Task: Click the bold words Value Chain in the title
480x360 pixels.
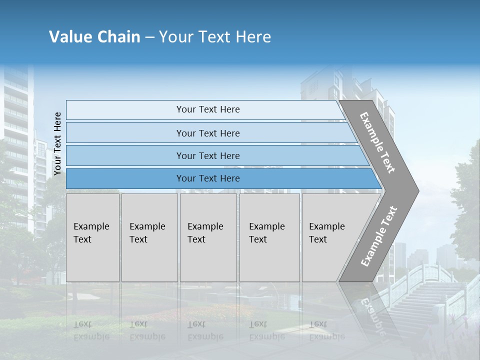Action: [x=94, y=37]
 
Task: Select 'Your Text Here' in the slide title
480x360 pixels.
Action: [x=215, y=37]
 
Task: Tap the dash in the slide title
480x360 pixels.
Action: [x=149, y=37]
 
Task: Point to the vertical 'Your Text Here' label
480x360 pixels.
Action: [x=57, y=144]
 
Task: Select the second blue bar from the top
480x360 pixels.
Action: [x=207, y=133]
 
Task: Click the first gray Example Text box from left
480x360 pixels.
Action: [x=92, y=237]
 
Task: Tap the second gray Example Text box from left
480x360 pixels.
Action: [x=149, y=237]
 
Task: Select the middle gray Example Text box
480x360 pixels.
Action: [x=208, y=237]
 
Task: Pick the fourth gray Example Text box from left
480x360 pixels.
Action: [x=269, y=237]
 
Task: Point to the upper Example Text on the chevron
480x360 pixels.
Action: [x=378, y=142]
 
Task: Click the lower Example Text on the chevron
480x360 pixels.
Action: [x=379, y=236]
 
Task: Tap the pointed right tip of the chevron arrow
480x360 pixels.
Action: [x=416, y=191]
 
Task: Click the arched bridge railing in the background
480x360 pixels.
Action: [x=425, y=272]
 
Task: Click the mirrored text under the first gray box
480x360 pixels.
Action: [x=91, y=330]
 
